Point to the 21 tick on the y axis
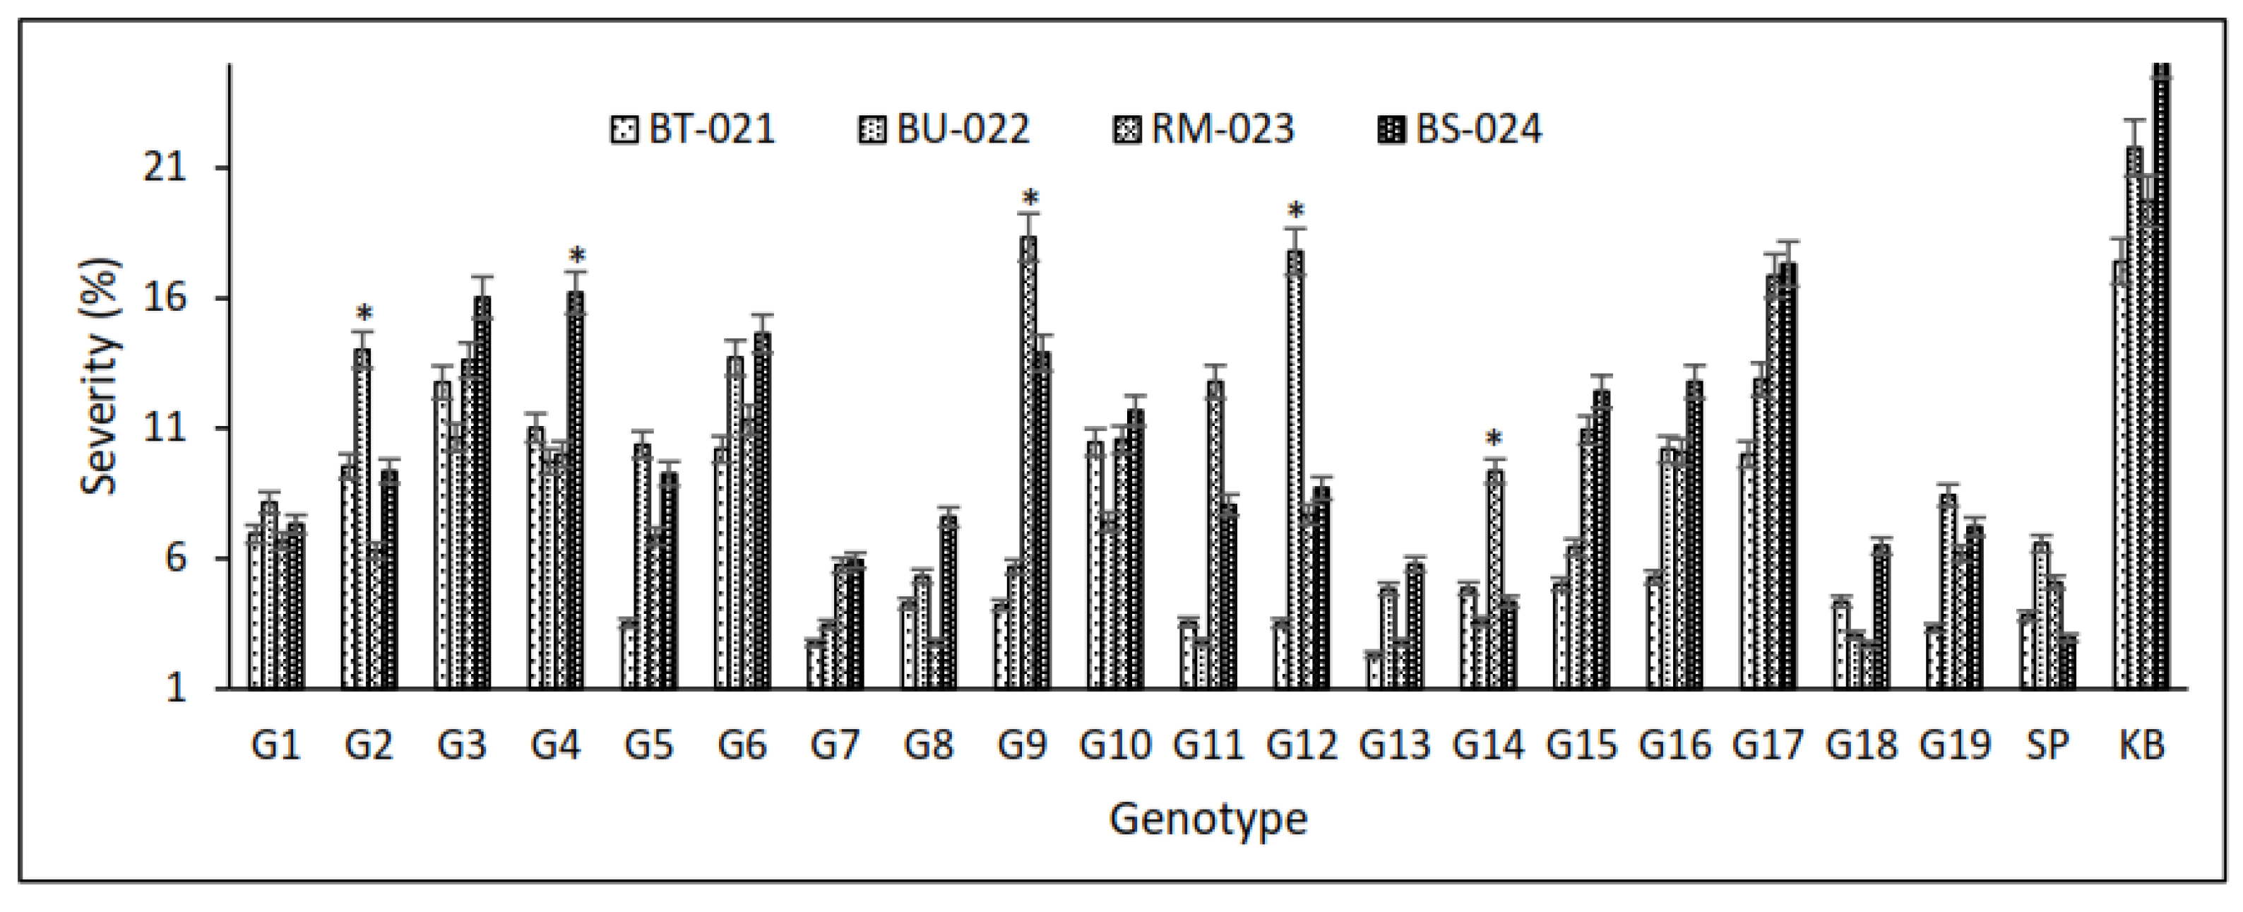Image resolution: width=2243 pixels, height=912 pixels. (x=165, y=167)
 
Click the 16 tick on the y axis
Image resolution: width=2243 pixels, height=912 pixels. (x=165, y=298)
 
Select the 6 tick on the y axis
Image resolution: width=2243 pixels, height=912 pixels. (x=176, y=558)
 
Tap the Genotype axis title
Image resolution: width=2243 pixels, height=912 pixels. (x=1208, y=819)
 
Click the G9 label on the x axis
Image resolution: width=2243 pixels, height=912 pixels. (x=1021, y=745)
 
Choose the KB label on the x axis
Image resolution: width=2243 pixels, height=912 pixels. (x=2141, y=745)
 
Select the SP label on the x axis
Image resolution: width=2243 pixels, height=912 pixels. (x=2047, y=745)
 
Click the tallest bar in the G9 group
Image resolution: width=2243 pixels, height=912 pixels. (x=1028, y=462)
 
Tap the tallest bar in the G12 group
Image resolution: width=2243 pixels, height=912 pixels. (x=1296, y=470)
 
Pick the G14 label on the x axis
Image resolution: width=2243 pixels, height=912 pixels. (x=1488, y=745)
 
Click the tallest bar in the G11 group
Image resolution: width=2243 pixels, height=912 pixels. (x=1215, y=535)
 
